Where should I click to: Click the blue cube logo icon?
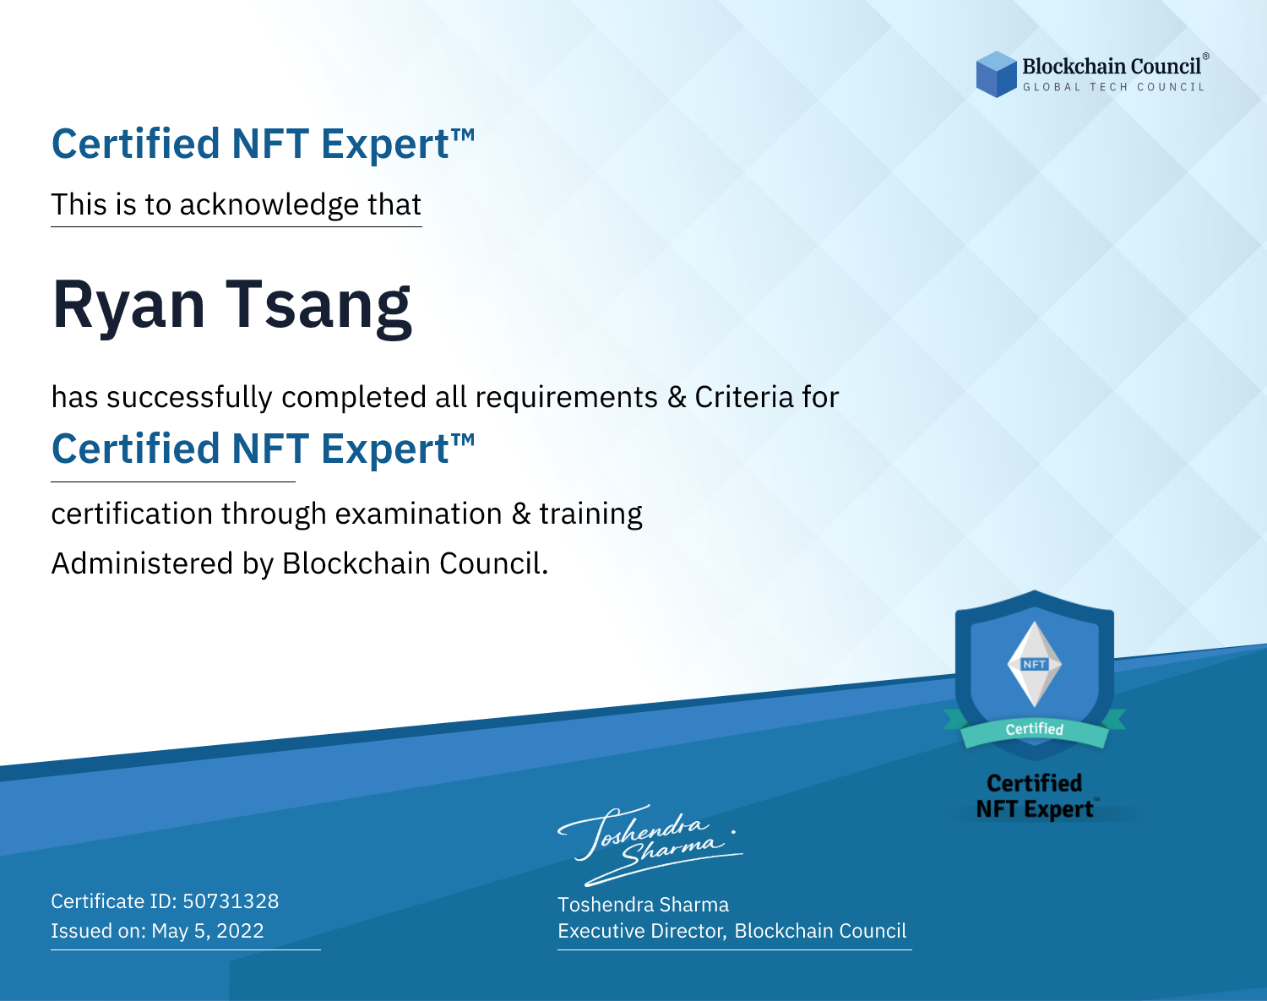click(x=996, y=74)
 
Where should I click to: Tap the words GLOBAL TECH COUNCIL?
click(x=1114, y=87)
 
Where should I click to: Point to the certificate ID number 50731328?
click(x=231, y=900)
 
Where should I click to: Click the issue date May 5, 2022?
click(x=208, y=930)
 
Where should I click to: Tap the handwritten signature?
click(x=650, y=846)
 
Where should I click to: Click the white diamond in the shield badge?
click(x=1035, y=664)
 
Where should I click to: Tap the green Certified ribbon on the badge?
click(x=1035, y=730)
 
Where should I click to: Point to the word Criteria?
click(x=743, y=397)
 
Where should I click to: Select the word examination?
click(x=419, y=514)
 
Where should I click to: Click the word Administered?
click(x=142, y=563)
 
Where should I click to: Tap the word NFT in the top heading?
click(x=271, y=144)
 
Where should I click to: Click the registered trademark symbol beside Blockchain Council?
click(x=1206, y=56)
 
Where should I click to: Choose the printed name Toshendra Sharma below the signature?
click(x=643, y=905)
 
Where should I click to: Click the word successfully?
click(x=189, y=398)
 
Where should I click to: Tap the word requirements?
click(x=567, y=398)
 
